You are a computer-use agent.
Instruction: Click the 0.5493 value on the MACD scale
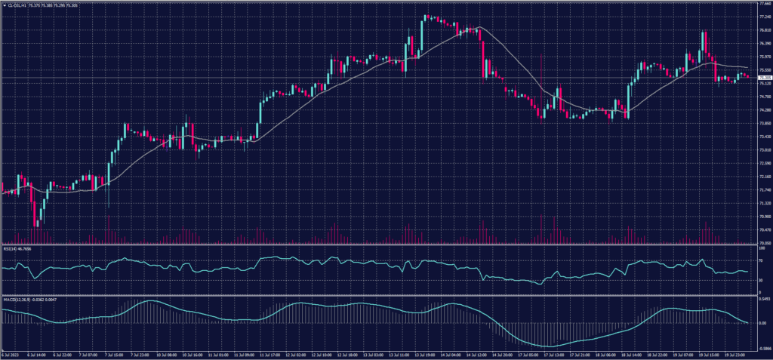(x=762, y=300)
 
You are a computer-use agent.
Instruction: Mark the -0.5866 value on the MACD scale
(x=762, y=349)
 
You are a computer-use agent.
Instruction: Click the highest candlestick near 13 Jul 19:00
(x=426, y=17)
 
